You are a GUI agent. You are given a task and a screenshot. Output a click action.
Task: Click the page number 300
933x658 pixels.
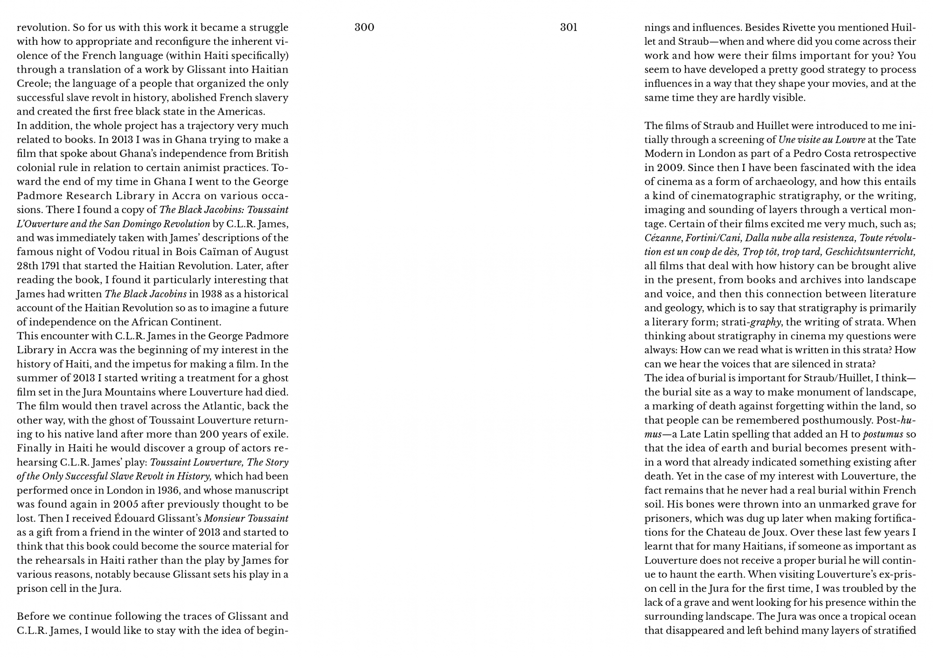[x=364, y=27]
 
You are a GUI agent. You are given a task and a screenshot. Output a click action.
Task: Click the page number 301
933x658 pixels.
[x=569, y=27]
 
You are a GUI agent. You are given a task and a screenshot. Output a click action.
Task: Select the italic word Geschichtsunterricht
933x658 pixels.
[x=870, y=252]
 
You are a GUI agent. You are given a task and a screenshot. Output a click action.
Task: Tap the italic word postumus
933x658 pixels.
[x=883, y=434]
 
